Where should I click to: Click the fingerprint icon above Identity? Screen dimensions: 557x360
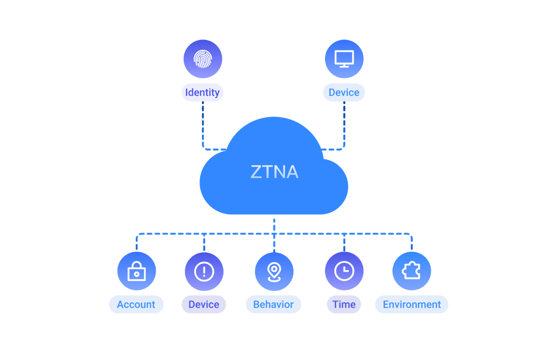click(x=203, y=59)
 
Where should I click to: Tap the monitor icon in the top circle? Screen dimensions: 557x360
click(x=344, y=59)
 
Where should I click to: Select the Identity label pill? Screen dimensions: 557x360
click(x=203, y=92)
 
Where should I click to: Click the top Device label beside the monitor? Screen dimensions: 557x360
click(x=344, y=92)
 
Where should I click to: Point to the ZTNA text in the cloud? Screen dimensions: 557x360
click(x=274, y=172)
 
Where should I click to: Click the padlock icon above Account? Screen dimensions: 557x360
click(x=136, y=271)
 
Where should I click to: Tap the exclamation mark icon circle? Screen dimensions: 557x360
click(x=204, y=271)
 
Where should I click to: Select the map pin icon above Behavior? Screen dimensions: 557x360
click(x=274, y=271)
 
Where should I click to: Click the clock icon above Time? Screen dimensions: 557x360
click(x=344, y=271)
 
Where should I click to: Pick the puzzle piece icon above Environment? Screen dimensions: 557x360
click(x=412, y=271)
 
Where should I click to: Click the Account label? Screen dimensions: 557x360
click(x=136, y=304)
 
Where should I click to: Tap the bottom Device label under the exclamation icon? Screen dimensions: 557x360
click(x=204, y=304)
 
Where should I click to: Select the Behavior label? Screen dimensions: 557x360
click(x=273, y=304)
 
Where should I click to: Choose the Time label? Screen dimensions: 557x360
click(x=344, y=304)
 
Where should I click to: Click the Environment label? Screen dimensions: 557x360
click(x=412, y=304)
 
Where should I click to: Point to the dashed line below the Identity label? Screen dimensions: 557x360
click(x=203, y=121)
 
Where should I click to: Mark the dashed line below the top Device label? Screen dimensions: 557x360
click(x=344, y=121)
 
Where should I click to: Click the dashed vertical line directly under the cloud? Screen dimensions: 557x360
click(x=274, y=226)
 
